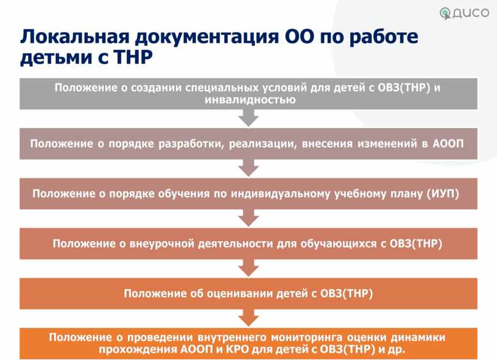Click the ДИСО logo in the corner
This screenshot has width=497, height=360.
tap(464, 13)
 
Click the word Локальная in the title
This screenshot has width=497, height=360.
tap(75, 37)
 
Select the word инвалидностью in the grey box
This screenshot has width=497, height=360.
tap(250, 100)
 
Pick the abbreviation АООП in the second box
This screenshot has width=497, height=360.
tap(448, 144)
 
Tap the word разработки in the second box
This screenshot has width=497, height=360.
tap(191, 144)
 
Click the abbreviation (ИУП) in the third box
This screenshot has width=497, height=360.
tap(443, 194)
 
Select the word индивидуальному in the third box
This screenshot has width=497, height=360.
tap(281, 194)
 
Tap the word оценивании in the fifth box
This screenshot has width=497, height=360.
tap(239, 294)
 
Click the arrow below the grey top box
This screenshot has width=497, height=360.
tap(248, 118)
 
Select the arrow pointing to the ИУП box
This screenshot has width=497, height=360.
tap(248, 168)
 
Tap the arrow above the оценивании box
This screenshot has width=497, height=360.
tap(248, 268)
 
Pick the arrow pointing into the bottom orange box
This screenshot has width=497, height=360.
tap(248, 318)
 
